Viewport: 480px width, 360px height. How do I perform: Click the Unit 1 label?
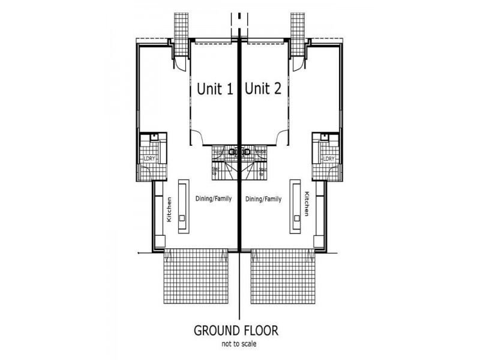point(215,89)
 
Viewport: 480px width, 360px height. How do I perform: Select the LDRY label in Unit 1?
point(149,158)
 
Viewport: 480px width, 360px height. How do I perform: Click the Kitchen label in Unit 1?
point(169,209)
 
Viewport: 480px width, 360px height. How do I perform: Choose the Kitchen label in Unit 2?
point(307,205)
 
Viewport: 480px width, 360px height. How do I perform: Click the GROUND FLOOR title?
point(239,331)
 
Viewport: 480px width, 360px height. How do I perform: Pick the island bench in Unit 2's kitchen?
point(295,207)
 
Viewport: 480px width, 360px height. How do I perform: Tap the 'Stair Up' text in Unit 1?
point(215,171)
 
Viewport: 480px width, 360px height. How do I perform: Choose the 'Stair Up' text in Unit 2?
point(263,171)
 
